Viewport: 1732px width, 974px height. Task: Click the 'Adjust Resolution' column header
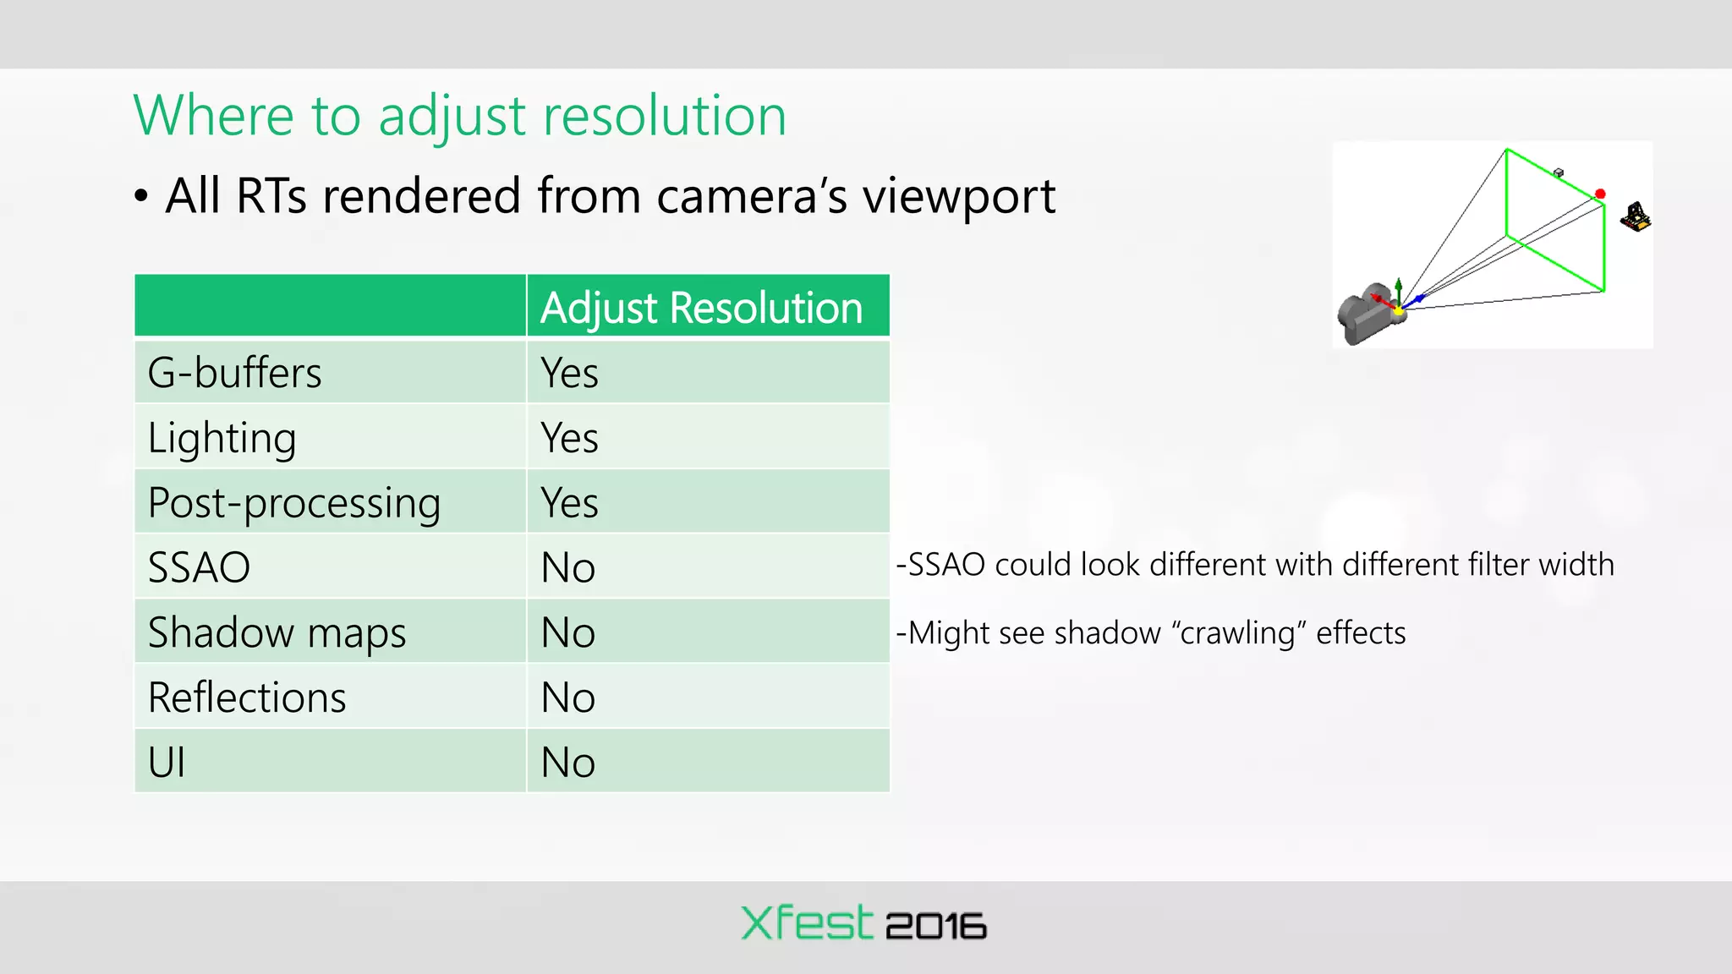[701, 308]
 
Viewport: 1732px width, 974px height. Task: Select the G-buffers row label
[234, 373]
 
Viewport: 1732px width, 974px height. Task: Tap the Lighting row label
[222, 439]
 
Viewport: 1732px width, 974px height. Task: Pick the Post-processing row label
[293, 504]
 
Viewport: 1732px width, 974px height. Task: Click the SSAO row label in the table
[199, 567]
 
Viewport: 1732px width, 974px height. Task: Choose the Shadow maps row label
[277, 633]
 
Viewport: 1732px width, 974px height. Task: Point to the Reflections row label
[247, 698]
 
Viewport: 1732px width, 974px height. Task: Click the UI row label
[167, 763]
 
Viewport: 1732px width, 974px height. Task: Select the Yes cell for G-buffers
[569, 373]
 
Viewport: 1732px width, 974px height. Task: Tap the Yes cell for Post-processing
[569, 503]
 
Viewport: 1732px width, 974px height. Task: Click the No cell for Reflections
[568, 698]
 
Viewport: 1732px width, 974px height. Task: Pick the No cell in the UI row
[568, 763]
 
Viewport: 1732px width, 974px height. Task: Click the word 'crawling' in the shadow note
[1238, 633]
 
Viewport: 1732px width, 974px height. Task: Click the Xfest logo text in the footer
[806, 923]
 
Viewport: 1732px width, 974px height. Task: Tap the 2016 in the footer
[935, 927]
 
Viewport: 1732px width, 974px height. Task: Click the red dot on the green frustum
[1600, 194]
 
